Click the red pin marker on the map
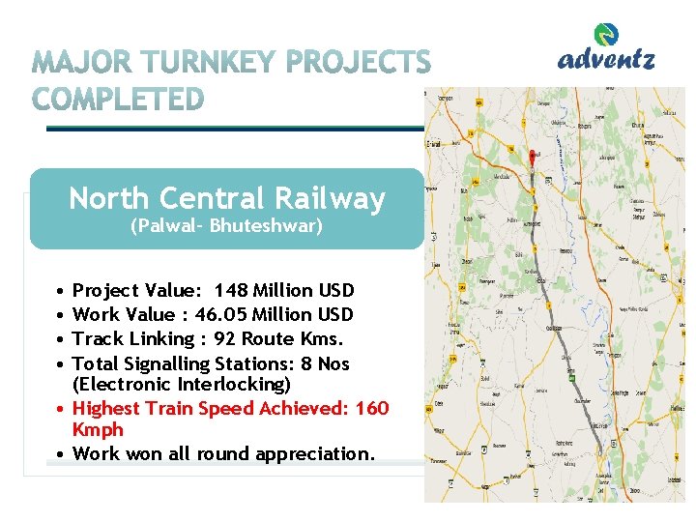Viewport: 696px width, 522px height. tap(533, 157)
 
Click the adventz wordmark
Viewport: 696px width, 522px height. tap(606, 60)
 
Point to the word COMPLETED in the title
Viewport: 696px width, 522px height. tap(119, 100)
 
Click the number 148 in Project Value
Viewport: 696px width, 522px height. tap(230, 291)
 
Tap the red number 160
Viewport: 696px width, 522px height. tap(372, 409)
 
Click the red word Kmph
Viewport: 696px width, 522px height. tap(98, 429)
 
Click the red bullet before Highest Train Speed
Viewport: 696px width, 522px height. tap(60, 409)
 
